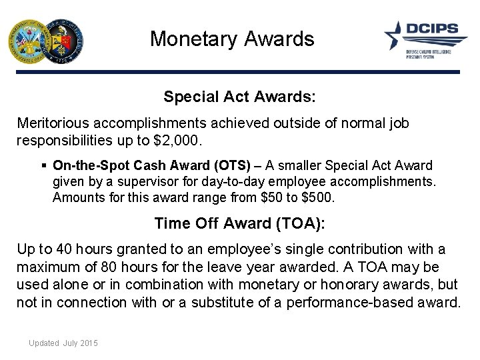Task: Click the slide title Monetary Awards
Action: tap(231, 39)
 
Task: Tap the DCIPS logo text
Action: tap(435, 29)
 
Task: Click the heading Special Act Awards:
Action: tap(239, 97)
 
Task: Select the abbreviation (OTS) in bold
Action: tap(231, 165)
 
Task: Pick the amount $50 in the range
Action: tap(265, 197)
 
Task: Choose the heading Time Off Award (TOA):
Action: tap(239, 223)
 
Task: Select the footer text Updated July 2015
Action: tap(63, 343)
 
